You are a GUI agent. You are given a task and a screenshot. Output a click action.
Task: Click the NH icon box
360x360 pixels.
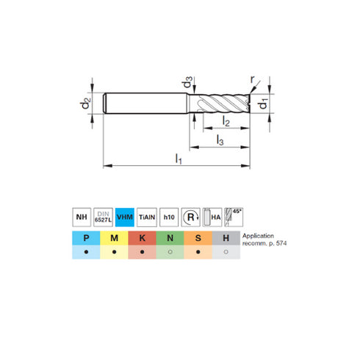[82, 217]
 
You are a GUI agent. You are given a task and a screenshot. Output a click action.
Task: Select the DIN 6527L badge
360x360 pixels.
[104, 217]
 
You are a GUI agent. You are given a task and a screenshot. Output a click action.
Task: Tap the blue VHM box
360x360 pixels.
[126, 217]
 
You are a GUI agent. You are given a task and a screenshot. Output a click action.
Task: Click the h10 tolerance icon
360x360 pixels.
[170, 217]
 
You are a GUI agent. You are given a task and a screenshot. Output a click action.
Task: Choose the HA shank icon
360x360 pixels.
[212, 217]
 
